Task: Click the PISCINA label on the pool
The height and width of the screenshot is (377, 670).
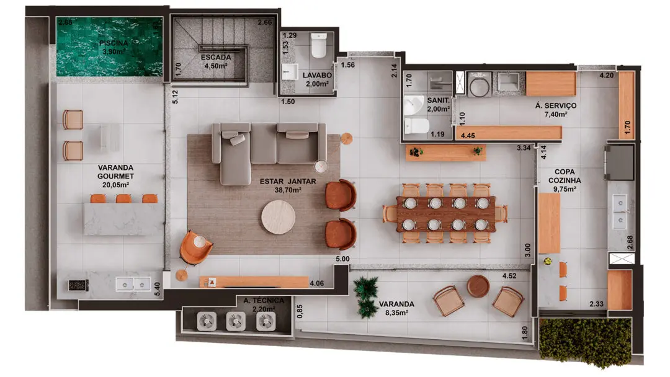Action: (x=114, y=43)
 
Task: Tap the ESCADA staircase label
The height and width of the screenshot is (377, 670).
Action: (x=216, y=57)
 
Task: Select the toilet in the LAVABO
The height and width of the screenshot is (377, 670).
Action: (x=319, y=45)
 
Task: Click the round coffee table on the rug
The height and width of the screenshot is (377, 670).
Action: (x=278, y=217)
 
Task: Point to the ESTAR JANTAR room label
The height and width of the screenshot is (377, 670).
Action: (x=288, y=182)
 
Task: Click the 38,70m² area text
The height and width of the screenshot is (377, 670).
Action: (x=288, y=190)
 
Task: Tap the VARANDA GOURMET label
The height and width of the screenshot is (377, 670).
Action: (x=115, y=172)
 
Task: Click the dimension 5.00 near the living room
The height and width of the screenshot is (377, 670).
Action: (x=342, y=259)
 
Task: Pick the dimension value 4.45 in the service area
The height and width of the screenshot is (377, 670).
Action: (x=468, y=136)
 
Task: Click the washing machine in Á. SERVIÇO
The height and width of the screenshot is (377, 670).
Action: (x=480, y=84)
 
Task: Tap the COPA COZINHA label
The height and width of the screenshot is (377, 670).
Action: (x=565, y=176)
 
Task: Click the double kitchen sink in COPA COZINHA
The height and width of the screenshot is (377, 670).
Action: (x=620, y=211)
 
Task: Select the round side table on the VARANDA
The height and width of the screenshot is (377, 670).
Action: (x=478, y=286)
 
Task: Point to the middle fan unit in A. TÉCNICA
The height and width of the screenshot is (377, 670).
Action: (x=236, y=321)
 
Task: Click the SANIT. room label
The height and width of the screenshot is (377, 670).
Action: (x=438, y=100)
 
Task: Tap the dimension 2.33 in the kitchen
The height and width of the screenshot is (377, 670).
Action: (x=597, y=304)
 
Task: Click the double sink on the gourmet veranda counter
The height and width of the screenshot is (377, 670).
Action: (x=133, y=284)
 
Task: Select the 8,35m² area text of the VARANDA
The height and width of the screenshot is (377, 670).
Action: (x=396, y=313)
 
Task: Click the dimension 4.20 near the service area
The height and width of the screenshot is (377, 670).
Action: (x=606, y=76)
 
